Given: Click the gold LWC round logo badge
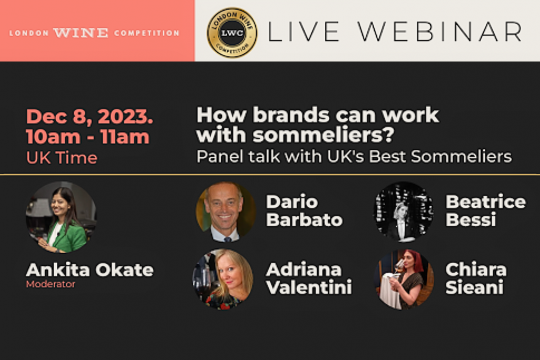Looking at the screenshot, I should [x=232, y=33].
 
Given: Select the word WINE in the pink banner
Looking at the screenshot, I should [x=81, y=33].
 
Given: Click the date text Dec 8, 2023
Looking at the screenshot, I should [x=89, y=117].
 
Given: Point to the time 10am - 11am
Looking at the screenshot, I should [x=87, y=137].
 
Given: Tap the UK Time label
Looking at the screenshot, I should [x=62, y=158].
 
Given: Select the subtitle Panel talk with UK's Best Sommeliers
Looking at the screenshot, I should [x=354, y=157].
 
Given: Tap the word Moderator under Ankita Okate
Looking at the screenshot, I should [x=51, y=284].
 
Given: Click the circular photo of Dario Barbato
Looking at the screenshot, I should [x=225, y=212].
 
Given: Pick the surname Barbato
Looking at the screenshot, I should [x=304, y=220].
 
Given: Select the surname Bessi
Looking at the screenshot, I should [x=471, y=220].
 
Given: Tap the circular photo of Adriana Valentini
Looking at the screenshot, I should [x=223, y=279].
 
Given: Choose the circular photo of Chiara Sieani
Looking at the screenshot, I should [x=404, y=279].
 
